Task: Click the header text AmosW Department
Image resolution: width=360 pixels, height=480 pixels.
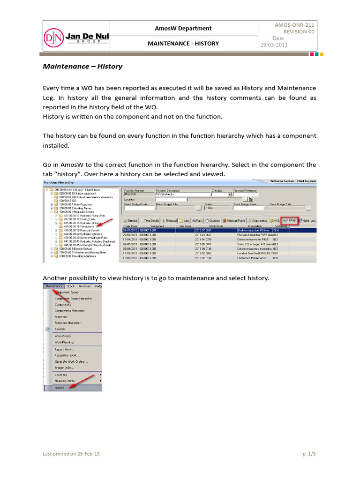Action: click(x=183, y=28)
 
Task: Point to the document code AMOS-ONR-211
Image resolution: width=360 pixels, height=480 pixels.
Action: click(x=295, y=25)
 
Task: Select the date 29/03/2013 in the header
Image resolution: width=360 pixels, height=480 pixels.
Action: click(x=274, y=45)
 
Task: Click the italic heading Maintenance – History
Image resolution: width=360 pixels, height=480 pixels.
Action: click(x=82, y=66)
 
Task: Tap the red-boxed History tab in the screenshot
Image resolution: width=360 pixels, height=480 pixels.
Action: click(x=289, y=220)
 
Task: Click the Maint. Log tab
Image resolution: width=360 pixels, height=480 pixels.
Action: click(x=307, y=220)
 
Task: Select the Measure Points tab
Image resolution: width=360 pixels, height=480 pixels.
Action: click(x=234, y=220)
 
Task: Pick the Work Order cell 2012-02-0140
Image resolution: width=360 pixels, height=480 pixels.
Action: click(x=204, y=258)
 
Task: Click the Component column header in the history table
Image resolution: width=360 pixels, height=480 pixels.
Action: click(x=157, y=225)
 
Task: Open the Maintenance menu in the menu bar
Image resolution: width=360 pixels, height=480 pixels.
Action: click(x=53, y=285)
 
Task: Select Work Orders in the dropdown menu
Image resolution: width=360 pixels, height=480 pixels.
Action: click(x=63, y=336)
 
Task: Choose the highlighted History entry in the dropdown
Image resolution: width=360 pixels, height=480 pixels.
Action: click(x=60, y=388)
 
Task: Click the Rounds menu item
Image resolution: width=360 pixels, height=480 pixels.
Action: click(x=60, y=329)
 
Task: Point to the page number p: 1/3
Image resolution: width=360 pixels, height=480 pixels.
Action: click(x=309, y=454)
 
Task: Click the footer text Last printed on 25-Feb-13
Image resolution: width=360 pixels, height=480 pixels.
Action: click(x=71, y=454)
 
